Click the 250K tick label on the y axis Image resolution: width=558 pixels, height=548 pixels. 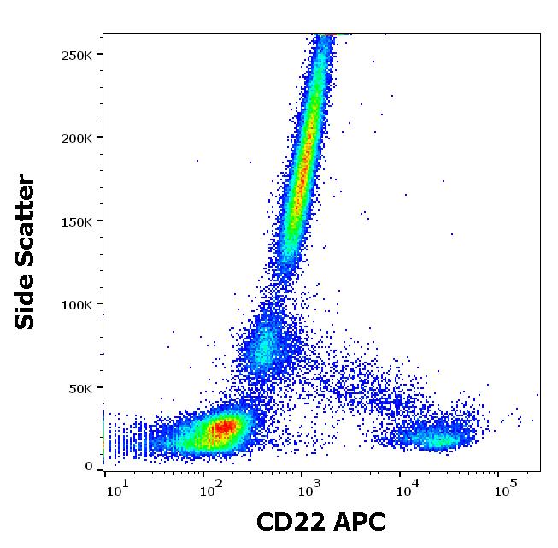tap(78, 55)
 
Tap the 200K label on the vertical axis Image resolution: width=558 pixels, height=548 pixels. tap(78, 138)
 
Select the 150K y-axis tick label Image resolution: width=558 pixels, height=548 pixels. tap(78, 221)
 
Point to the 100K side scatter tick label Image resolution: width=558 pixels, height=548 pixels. tap(78, 304)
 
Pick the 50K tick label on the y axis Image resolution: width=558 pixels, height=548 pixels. tap(81, 388)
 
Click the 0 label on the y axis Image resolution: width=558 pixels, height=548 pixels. tap(89, 466)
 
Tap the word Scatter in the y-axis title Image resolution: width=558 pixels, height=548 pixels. tap(26, 217)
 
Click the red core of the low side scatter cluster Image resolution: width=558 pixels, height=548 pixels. tap(224, 426)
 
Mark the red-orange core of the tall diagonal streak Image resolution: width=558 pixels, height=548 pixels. tap(302, 162)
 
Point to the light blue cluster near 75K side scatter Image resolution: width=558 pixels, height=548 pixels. tap(265, 346)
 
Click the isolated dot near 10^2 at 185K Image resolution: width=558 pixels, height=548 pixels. tap(197, 160)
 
